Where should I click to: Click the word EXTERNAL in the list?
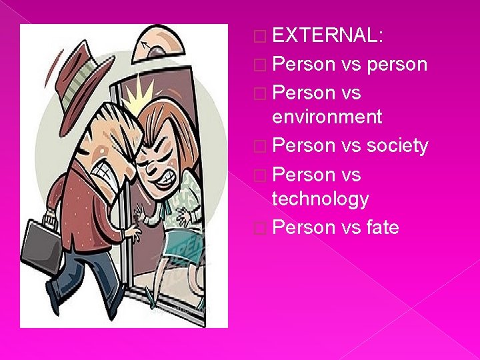coord(327,35)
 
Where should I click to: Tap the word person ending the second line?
coord(393,64)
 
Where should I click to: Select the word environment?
coord(327,117)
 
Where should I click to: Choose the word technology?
coord(321,199)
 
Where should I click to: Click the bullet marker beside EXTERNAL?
coord(261,36)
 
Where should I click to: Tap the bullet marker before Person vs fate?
coord(261,228)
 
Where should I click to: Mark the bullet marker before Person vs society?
coord(261,145)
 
